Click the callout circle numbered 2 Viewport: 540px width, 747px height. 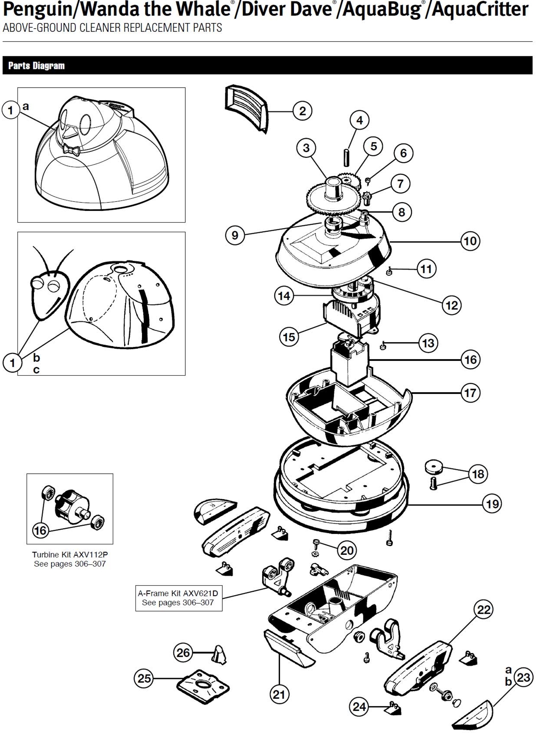[303, 111]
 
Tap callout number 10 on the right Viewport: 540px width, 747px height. [471, 241]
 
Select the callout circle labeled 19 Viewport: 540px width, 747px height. [492, 504]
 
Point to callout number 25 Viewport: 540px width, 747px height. [144, 678]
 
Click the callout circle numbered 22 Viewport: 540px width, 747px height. [484, 610]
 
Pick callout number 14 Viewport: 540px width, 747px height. [284, 296]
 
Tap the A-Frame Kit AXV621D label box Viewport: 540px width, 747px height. [178, 598]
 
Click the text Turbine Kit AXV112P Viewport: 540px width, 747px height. [70, 555]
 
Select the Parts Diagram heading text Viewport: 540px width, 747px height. [36, 66]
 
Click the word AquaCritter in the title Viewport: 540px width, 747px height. [480, 10]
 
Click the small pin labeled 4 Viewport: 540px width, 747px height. [346, 157]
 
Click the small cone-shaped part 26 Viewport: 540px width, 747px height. [219, 654]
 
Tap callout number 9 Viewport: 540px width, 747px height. [235, 235]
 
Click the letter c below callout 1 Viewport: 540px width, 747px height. [36, 370]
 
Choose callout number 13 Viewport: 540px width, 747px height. [428, 343]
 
